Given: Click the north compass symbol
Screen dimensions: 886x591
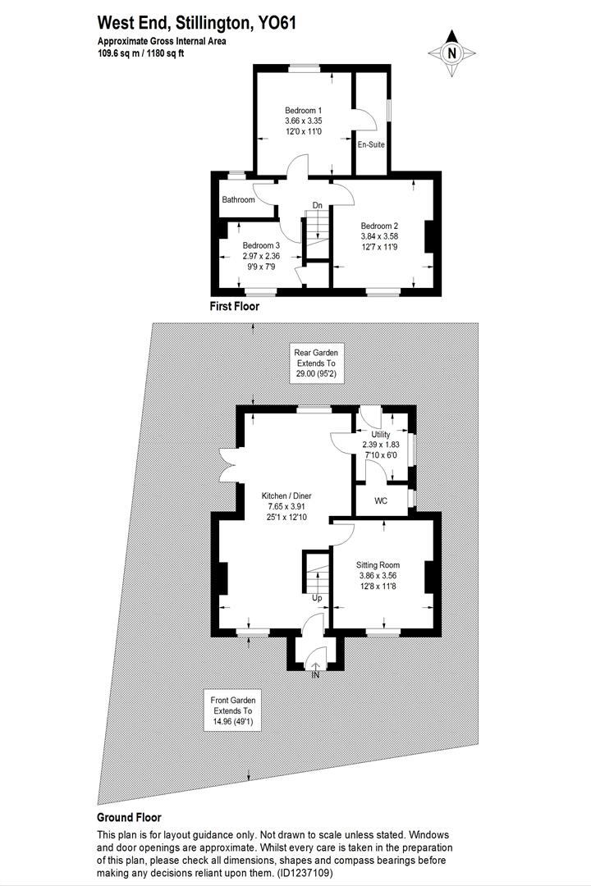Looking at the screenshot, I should tap(451, 53).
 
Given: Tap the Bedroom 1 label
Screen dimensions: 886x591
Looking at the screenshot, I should tap(303, 111).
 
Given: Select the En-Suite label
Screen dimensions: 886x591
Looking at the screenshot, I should tap(371, 145).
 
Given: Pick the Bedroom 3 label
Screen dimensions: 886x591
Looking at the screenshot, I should tap(261, 245).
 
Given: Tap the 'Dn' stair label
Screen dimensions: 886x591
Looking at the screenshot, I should tap(316, 206).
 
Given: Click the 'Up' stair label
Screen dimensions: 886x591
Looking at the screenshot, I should tap(316, 597).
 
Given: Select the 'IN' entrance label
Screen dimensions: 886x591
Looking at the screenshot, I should tap(315, 674).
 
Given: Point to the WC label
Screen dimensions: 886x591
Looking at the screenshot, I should tap(381, 500).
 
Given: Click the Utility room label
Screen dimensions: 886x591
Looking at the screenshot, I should tap(380, 434).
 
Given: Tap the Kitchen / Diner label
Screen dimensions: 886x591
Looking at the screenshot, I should tap(286, 496).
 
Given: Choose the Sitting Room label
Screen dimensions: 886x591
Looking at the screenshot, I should tap(378, 565).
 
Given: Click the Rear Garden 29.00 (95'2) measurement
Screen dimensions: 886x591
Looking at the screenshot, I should tap(316, 374).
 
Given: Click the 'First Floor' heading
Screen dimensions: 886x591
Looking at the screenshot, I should tap(234, 307).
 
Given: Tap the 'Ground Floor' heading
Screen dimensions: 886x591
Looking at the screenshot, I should tap(129, 817).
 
